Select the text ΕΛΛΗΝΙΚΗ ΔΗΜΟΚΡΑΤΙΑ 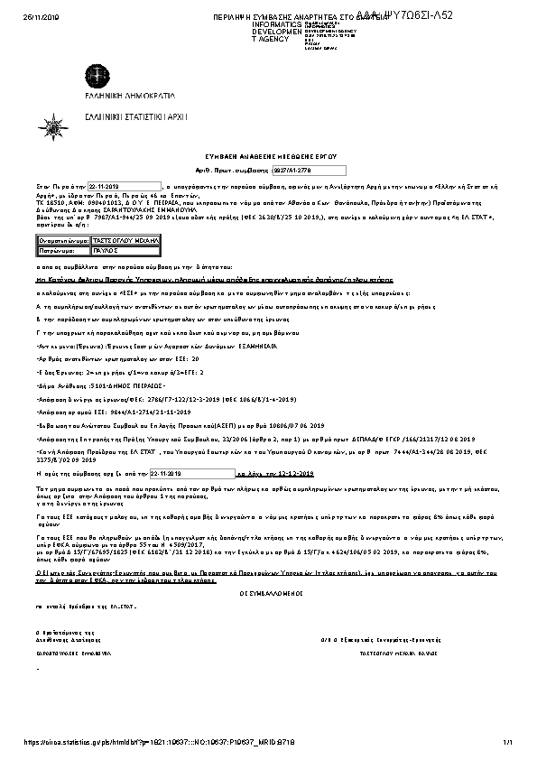[97, 97]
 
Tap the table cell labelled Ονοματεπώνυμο [63, 242]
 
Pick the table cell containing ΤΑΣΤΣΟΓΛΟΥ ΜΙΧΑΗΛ [125, 242]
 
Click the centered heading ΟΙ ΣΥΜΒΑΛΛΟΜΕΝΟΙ [267, 593]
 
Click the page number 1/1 [507, 742]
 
